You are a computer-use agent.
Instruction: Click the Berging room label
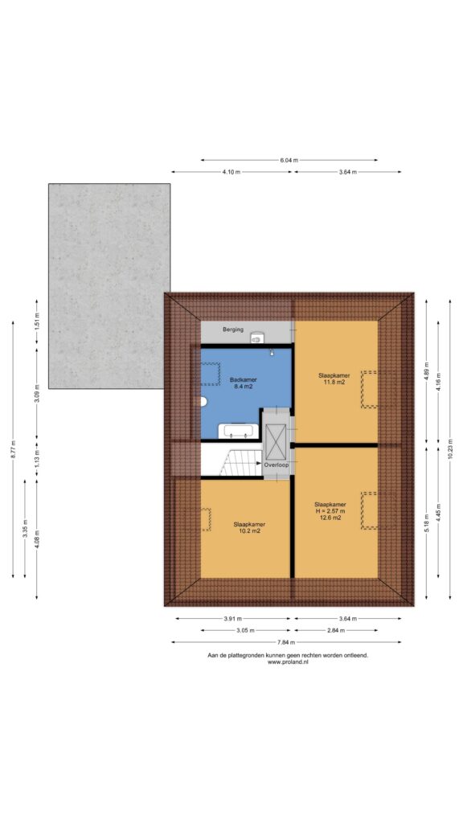[x=232, y=330]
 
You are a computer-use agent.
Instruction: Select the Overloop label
[x=277, y=465]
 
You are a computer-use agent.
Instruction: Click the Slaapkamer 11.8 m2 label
[x=334, y=379]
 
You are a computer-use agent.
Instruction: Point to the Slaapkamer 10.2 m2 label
[x=249, y=527]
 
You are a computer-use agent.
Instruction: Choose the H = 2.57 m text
[x=330, y=510]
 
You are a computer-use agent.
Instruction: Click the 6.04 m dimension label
[x=289, y=160]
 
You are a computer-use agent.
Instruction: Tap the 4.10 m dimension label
[x=231, y=172]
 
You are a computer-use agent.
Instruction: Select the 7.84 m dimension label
[x=286, y=642]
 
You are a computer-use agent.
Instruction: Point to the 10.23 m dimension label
[x=450, y=448]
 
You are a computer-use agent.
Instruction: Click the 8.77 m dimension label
[x=13, y=449]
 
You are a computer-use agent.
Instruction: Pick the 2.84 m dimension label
[x=335, y=630]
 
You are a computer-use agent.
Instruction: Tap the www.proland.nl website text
[x=288, y=662]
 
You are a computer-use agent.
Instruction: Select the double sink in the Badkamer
[x=239, y=431]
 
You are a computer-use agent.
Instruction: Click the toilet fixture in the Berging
[x=256, y=338]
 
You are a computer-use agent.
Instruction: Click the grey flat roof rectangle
[x=109, y=286]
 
